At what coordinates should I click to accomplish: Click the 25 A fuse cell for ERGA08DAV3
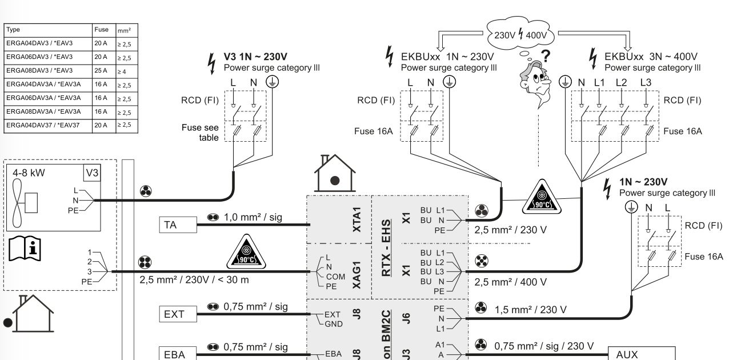tap(104, 71)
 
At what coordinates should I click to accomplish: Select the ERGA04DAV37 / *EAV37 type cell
tap(48, 126)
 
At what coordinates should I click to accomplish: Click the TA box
tap(178, 225)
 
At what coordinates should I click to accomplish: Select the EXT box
tap(178, 314)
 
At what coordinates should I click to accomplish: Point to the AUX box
tap(642, 354)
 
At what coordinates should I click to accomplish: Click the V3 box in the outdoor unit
tap(92, 173)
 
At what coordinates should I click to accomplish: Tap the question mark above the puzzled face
tap(546, 55)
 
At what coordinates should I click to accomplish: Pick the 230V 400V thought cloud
tap(520, 33)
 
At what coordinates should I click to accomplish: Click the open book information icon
tap(25, 249)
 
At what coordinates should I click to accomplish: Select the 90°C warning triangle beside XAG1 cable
tap(246, 252)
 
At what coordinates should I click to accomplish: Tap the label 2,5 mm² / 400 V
tap(510, 282)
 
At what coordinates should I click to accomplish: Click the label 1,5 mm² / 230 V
tap(531, 310)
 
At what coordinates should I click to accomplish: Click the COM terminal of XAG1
tap(335, 277)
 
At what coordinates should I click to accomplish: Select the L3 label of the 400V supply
tap(646, 82)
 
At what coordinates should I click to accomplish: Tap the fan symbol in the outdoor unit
tap(17, 202)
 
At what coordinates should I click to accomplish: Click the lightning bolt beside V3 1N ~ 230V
tap(212, 64)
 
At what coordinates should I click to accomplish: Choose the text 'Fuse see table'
tap(200, 133)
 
